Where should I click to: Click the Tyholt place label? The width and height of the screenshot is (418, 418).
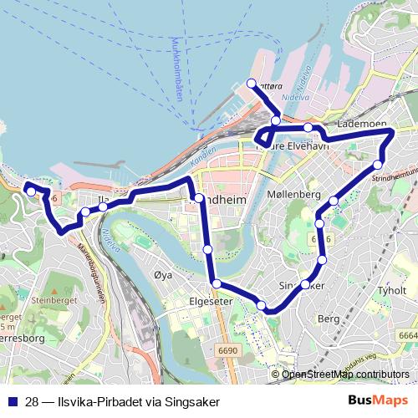tap(391, 291)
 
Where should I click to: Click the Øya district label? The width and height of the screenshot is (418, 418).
tap(163, 274)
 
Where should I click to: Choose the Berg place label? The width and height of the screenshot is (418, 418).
tap(329, 319)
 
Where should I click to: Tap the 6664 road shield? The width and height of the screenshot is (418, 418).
tap(407, 335)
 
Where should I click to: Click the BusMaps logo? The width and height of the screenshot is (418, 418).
tap(378, 401)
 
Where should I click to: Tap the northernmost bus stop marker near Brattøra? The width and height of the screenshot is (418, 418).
tap(251, 83)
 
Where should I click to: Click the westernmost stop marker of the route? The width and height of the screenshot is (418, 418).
tap(31, 191)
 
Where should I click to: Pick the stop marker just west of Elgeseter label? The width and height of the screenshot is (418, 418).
tap(217, 284)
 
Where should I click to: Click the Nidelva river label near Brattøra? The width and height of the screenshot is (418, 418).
tap(296, 98)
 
